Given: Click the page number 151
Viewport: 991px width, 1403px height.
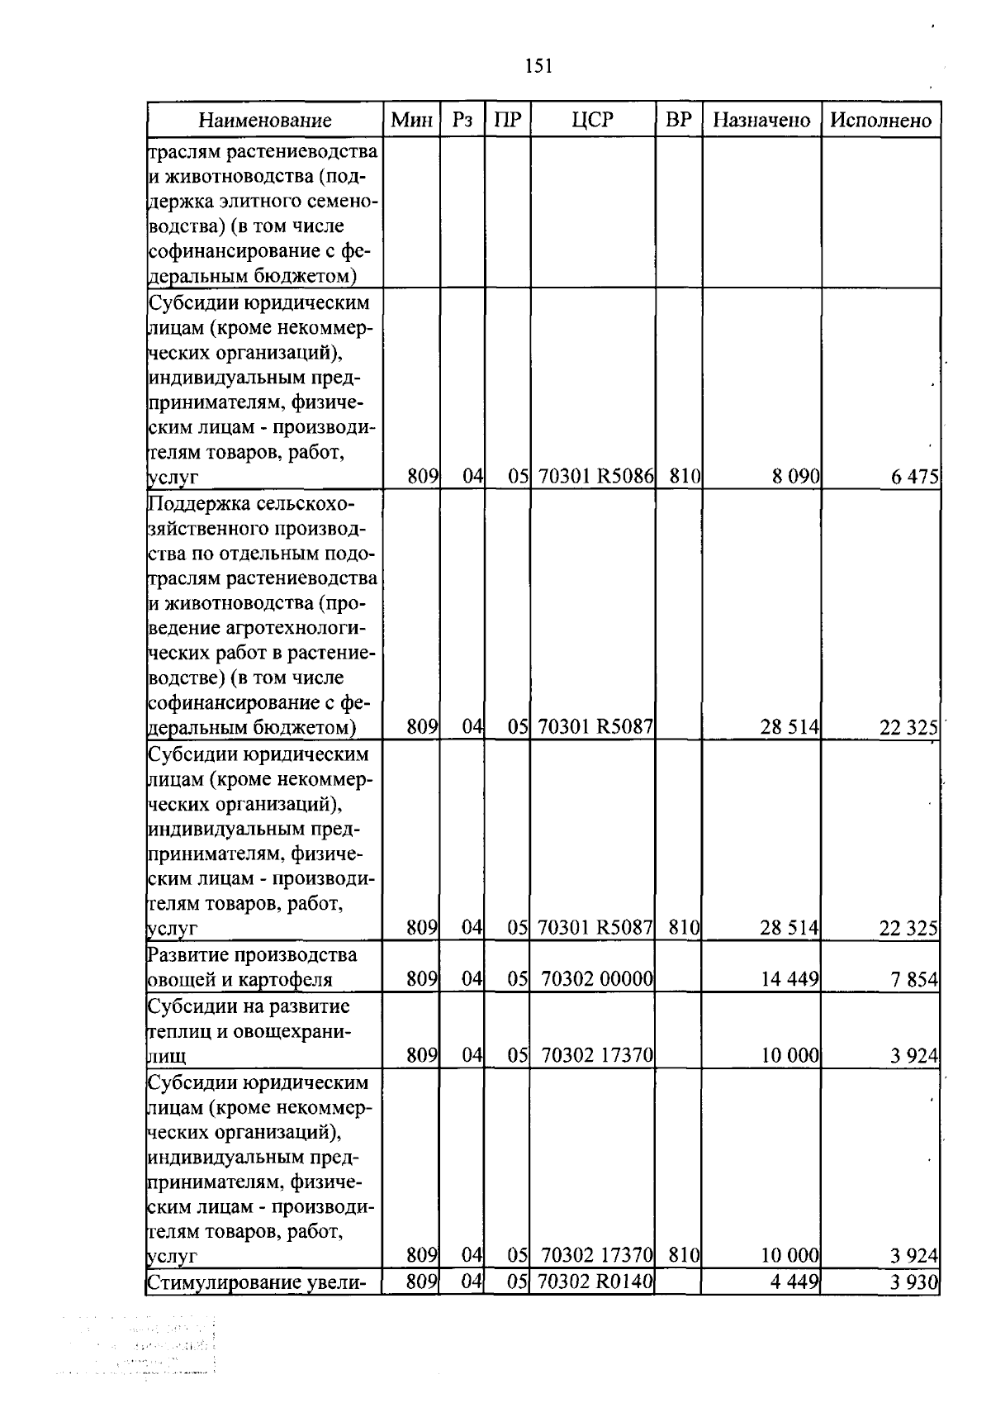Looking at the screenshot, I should [538, 66].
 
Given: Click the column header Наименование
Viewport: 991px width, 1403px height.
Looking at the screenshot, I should [264, 121].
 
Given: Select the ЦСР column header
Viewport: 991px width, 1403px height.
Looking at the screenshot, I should [593, 121].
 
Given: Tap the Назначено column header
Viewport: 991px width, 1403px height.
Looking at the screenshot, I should [761, 121].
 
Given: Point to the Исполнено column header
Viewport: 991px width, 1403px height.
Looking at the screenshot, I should [880, 121].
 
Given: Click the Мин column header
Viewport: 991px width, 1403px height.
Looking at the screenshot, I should [412, 121].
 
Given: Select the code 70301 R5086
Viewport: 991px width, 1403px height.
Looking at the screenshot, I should [595, 477].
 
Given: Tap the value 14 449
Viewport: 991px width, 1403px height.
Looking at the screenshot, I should [789, 980].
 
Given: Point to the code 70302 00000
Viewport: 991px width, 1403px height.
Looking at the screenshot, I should [597, 980].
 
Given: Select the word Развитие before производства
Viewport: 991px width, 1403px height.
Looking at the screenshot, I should [187, 955].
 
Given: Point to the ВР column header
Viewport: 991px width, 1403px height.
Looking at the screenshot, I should [678, 121].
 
